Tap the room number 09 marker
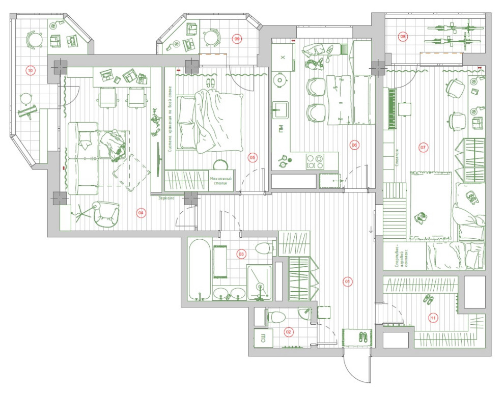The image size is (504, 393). [x=237, y=38]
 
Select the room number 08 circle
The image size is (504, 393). [x=403, y=37]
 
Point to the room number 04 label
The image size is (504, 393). [x=141, y=213]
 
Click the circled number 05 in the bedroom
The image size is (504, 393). [x=253, y=157]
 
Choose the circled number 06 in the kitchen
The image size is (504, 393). [x=354, y=145]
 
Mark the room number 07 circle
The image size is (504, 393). [x=423, y=148]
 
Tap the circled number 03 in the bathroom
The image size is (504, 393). [x=241, y=253]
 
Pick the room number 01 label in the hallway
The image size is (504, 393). [x=348, y=281]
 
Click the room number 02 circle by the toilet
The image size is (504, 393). [x=289, y=332]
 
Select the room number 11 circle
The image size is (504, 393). [x=433, y=319]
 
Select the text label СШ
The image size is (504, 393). [x=263, y=339]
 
